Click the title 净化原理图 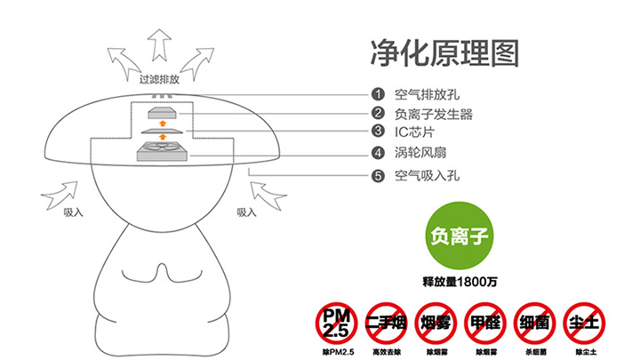pos(444,53)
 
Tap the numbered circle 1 pos(378,94)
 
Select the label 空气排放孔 pos(427,95)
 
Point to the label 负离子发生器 pos(434,114)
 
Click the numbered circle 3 pos(378,131)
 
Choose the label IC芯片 pos(414,132)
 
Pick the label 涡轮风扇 pos(420,153)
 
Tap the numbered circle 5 pos(378,176)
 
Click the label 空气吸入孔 pos(427,176)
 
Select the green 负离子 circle pos(460,236)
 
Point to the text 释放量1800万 pos(460,282)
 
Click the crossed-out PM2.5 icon pos(336,324)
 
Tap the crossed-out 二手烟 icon pos(386,324)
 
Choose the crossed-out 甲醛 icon pos(485,324)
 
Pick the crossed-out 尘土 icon pos(584,324)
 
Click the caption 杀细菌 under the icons pos(535,352)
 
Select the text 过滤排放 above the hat pos(159,79)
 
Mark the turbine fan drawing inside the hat pos(162,151)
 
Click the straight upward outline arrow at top pos(159,45)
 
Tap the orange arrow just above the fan pos(163,136)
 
